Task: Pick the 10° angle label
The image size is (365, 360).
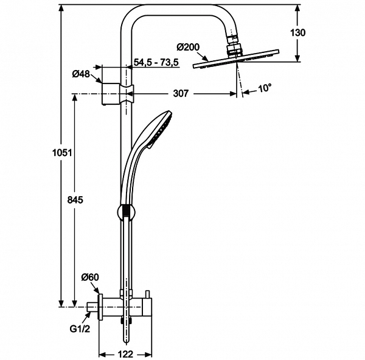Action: pos(264,88)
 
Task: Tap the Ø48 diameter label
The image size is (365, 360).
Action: pos(80,74)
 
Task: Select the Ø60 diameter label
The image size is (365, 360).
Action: pos(90,278)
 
